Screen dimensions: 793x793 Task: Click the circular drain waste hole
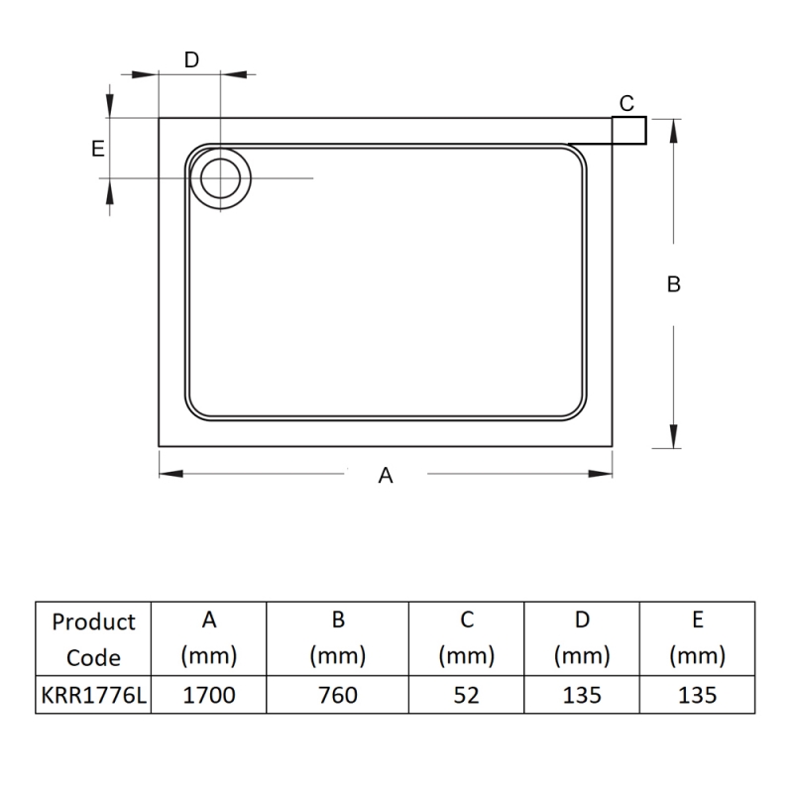point(220,178)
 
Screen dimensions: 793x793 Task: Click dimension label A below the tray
point(387,476)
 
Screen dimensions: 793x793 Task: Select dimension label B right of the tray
point(673,284)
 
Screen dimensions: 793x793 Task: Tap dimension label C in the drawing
point(626,103)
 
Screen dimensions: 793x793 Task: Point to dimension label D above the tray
point(191,59)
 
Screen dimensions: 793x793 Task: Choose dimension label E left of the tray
point(97,149)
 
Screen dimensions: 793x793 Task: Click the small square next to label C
point(629,130)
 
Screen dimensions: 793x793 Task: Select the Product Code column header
point(93,639)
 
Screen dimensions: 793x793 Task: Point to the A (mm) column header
point(209,639)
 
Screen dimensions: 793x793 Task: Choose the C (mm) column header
point(466,639)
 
